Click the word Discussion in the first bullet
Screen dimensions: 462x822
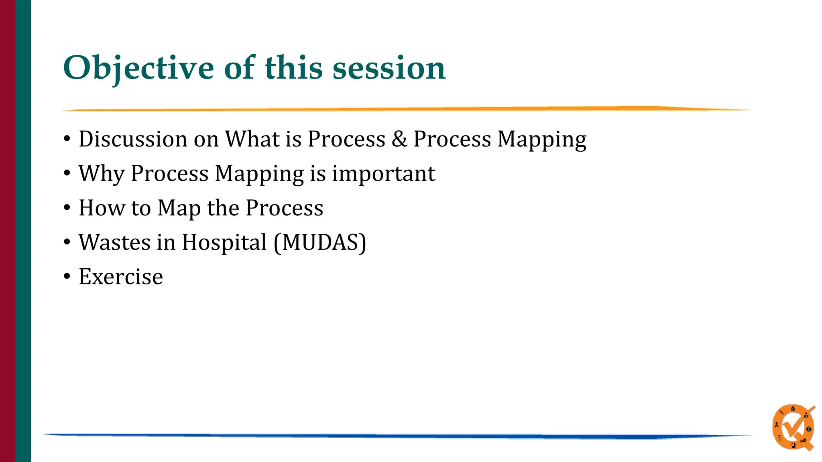pyautogui.click(x=133, y=139)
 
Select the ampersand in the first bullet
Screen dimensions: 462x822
pyautogui.click(x=399, y=139)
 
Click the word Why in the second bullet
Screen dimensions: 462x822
pyautogui.click(x=101, y=174)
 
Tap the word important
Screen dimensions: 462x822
pyautogui.click(x=383, y=174)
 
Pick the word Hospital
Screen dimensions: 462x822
pyautogui.click(x=224, y=243)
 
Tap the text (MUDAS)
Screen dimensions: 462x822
pyautogui.click(x=320, y=243)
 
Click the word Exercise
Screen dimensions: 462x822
pyautogui.click(x=121, y=277)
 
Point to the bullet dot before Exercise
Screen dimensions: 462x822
pyautogui.click(x=67, y=277)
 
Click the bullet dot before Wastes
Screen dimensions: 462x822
pyautogui.click(x=67, y=242)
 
